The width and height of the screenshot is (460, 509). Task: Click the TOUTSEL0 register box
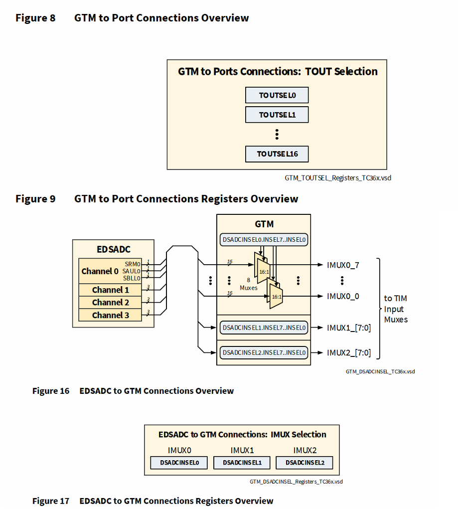(277, 95)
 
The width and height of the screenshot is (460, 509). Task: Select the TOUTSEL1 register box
(277, 115)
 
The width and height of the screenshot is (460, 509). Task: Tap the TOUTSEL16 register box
(277, 154)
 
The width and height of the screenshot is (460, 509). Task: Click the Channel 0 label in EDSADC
(100, 271)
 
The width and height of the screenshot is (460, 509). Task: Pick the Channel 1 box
(110, 290)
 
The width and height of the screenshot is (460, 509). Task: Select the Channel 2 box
(110, 302)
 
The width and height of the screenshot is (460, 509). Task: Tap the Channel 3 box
(110, 315)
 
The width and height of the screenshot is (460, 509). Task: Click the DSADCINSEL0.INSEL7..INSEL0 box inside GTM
(264, 240)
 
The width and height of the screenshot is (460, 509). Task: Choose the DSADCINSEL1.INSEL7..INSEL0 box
(264, 328)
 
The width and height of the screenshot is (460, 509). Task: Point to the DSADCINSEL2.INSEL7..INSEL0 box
(264, 352)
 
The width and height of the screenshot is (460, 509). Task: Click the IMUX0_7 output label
(343, 265)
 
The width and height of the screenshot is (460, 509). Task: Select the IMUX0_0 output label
(343, 296)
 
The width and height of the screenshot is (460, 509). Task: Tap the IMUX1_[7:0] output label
(348, 328)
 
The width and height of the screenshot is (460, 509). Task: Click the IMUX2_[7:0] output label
(348, 352)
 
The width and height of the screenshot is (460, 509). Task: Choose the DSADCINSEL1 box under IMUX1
(242, 463)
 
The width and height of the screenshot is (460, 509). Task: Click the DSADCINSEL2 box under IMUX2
(305, 463)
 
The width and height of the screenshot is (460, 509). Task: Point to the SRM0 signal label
(133, 263)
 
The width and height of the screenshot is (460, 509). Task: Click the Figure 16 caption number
(51, 391)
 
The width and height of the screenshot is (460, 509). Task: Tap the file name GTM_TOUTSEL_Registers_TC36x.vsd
(338, 177)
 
